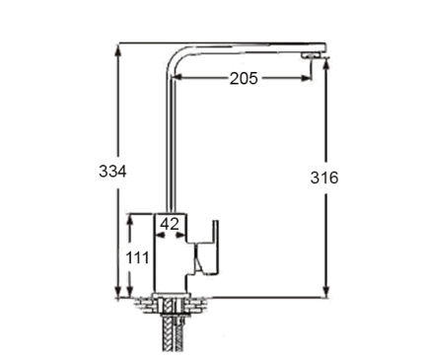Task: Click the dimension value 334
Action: tap(112, 172)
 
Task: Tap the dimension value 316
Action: tap(324, 178)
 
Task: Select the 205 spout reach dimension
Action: tap(244, 79)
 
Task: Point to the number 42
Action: tap(170, 224)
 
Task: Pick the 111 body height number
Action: tap(137, 257)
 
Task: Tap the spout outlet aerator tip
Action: tap(311, 56)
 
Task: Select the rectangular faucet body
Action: tap(171, 253)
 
